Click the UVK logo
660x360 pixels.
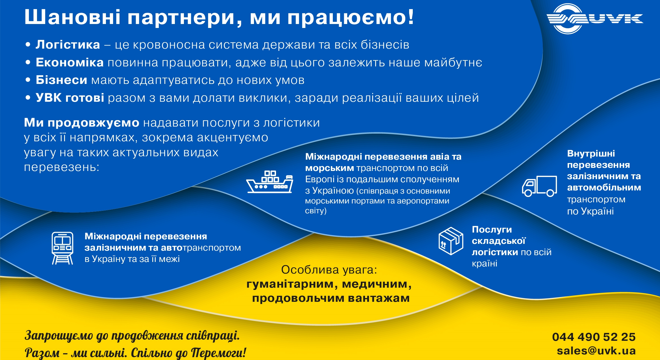(595, 19)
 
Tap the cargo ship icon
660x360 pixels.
(270, 182)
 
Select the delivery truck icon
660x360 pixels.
(539, 186)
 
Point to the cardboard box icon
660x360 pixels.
(451, 241)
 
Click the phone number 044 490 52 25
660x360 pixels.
(594, 337)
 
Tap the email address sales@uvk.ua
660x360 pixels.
(596, 351)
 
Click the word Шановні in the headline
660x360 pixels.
(73, 17)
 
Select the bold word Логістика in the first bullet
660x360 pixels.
(68, 45)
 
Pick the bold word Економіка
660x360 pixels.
(70, 62)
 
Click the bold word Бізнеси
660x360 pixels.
(61, 80)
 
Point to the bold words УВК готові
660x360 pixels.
(70, 98)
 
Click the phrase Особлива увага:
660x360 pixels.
(329, 270)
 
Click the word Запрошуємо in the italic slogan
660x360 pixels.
(59, 336)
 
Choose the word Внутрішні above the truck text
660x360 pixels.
(591, 153)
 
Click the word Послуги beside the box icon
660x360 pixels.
(492, 229)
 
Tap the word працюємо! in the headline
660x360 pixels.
(351, 18)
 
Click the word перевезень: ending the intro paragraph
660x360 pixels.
(62, 167)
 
